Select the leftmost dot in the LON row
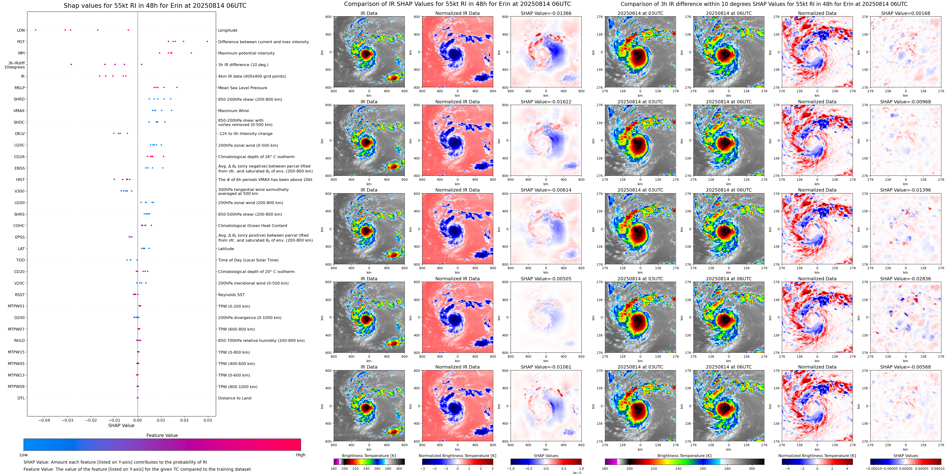pyautogui.click(x=35, y=30)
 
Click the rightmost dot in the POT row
pyautogui.click(x=207, y=42)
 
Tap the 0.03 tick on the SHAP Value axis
pyautogui.click(x=208, y=420)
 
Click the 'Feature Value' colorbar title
pyautogui.click(x=162, y=435)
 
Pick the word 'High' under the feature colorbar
pyautogui.click(x=301, y=455)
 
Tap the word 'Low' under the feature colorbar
pyautogui.click(x=24, y=455)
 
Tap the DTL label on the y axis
pyautogui.click(x=21, y=398)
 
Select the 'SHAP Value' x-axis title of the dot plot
pyautogui.click(x=121, y=425)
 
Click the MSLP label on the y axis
pyautogui.click(x=20, y=88)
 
